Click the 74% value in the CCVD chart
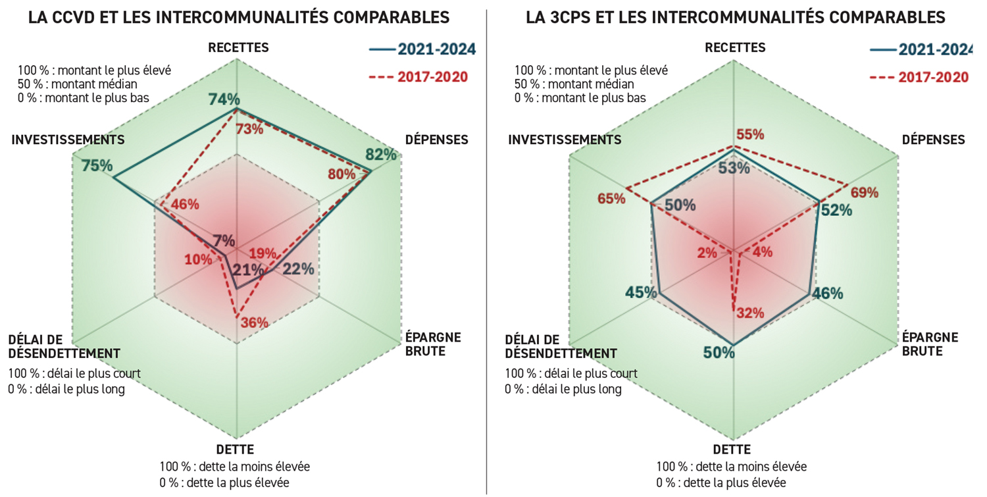pyautogui.click(x=224, y=99)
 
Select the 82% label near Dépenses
pyautogui.click(x=382, y=155)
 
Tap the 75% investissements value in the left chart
pyautogui.click(x=97, y=166)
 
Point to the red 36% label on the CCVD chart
pyautogui.click(x=254, y=323)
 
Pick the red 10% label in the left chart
pyautogui.click(x=198, y=259)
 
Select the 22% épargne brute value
pyautogui.click(x=298, y=269)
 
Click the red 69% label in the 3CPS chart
pyautogui.click(x=864, y=193)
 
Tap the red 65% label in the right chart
pyautogui.click(x=611, y=197)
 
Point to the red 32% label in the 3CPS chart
pyautogui.click(x=750, y=313)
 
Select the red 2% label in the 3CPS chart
pyautogui.click(x=707, y=253)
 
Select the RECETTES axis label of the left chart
pyautogui.click(x=238, y=47)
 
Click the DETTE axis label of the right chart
pyautogui.click(x=732, y=450)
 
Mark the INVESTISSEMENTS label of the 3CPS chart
pyautogui.click(x=565, y=140)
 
